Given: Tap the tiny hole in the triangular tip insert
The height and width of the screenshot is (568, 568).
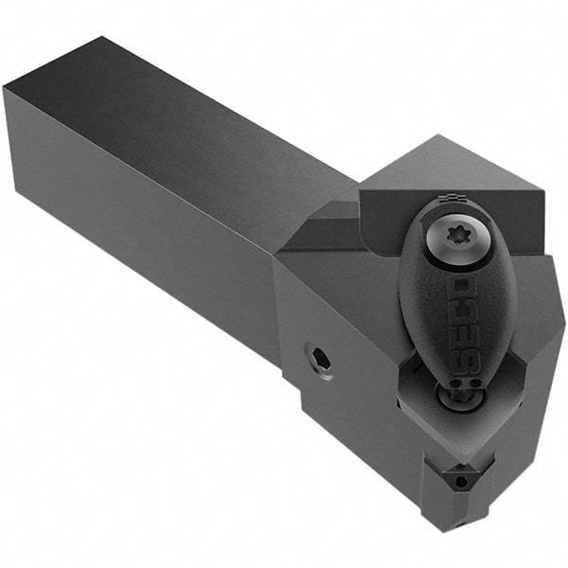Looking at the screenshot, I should [x=460, y=481].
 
